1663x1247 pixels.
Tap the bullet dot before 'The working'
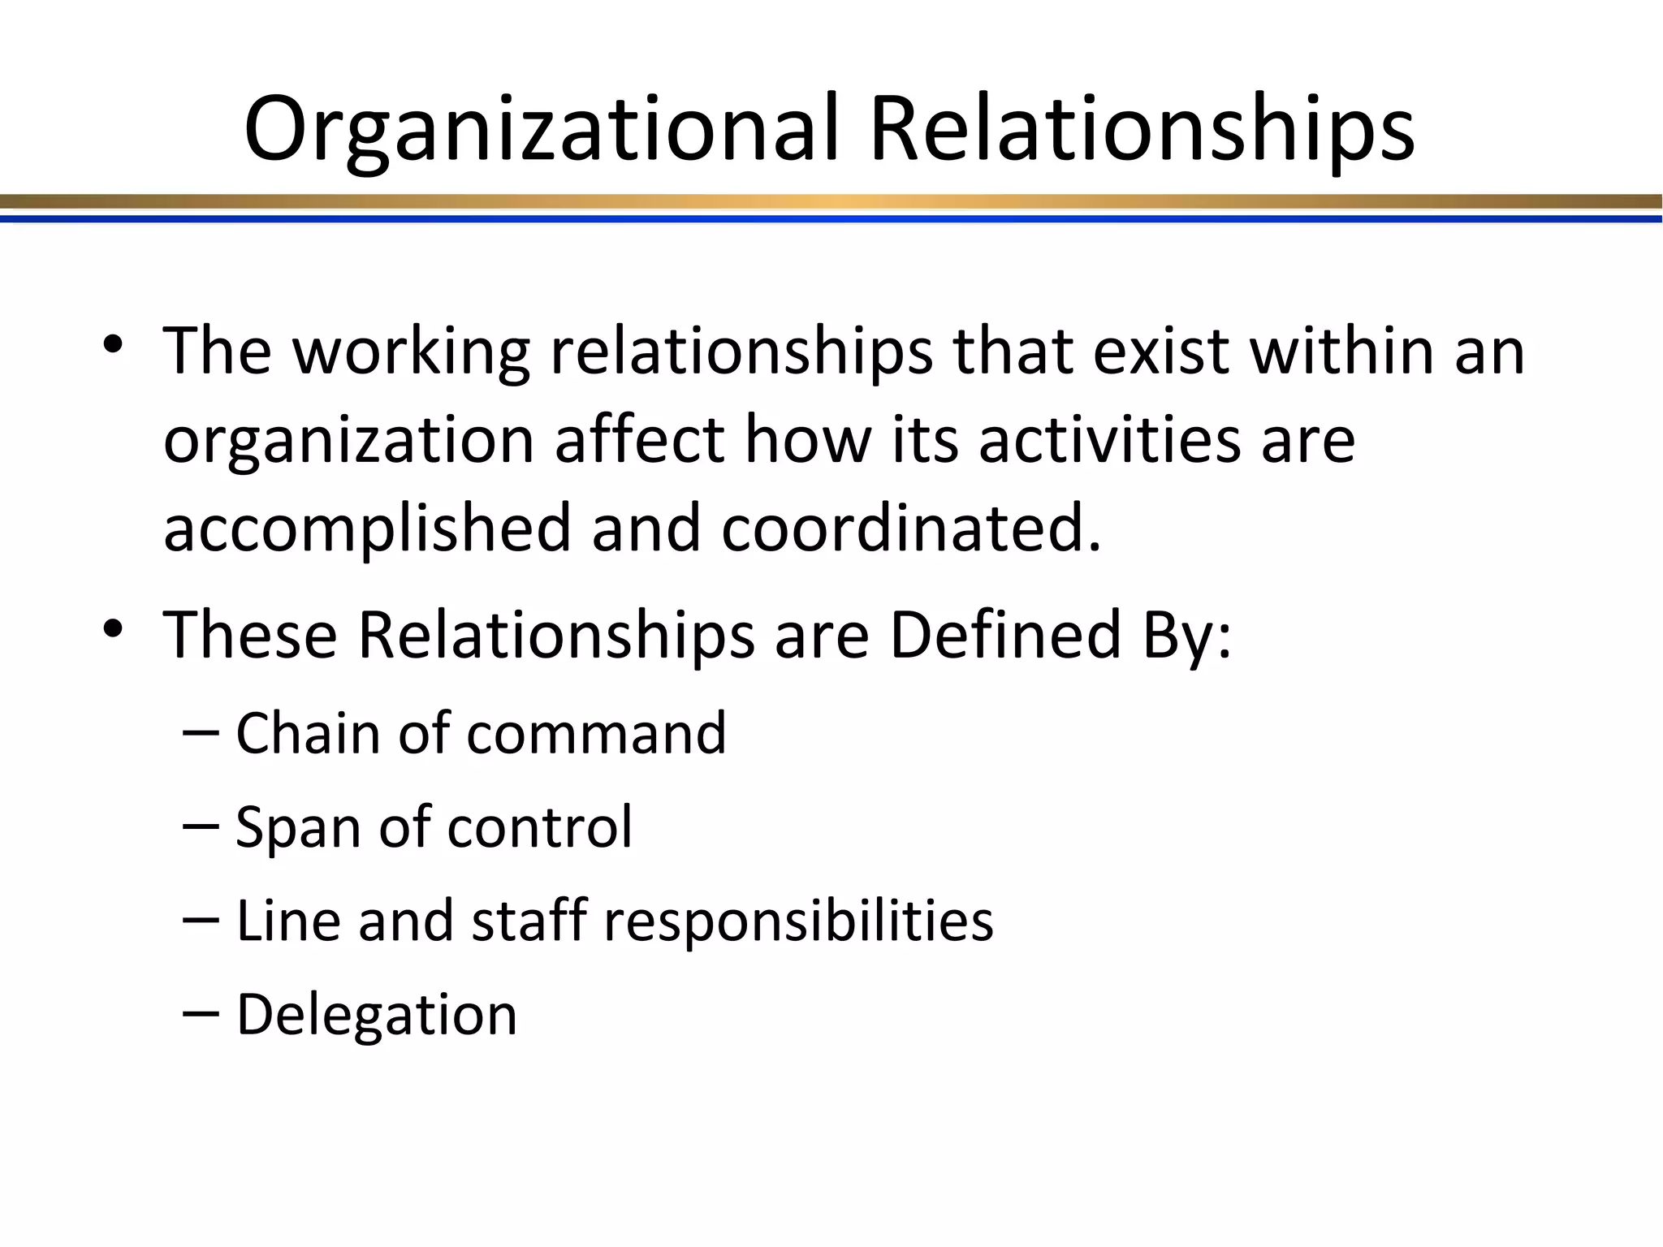[113, 344]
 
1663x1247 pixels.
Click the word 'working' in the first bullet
[411, 353]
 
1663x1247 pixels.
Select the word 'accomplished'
[368, 529]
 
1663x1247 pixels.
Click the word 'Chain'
[308, 733]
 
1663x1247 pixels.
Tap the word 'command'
[597, 733]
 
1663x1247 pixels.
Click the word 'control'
[539, 826]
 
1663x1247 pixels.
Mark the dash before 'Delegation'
[201, 1014]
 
